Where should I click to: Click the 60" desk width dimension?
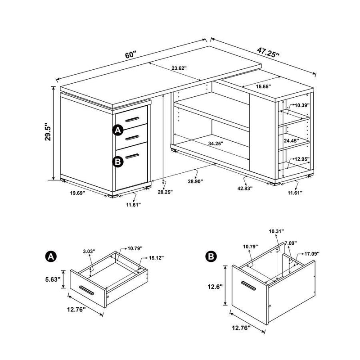pos(131,54)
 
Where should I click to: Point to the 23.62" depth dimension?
pos(179,68)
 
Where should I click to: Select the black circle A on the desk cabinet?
pos(117,130)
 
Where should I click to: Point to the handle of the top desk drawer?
pos(133,119)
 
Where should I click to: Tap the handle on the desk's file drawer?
pos(133,156)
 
